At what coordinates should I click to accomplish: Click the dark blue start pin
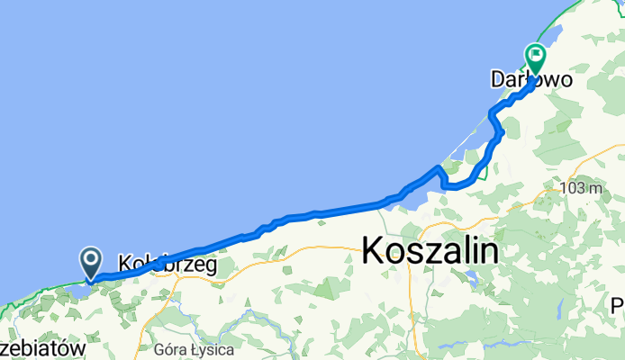pyautogui.click(x=92, y=262)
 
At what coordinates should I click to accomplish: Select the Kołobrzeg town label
pyautogui.click(x=168, y=265)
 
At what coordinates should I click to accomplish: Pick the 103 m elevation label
pyautogui.click(x=580, y=189)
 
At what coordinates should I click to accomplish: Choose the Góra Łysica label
pyautogui.click(x=195, y=348)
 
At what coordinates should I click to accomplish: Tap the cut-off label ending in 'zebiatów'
pyautogui.click(x=42, y=347)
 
